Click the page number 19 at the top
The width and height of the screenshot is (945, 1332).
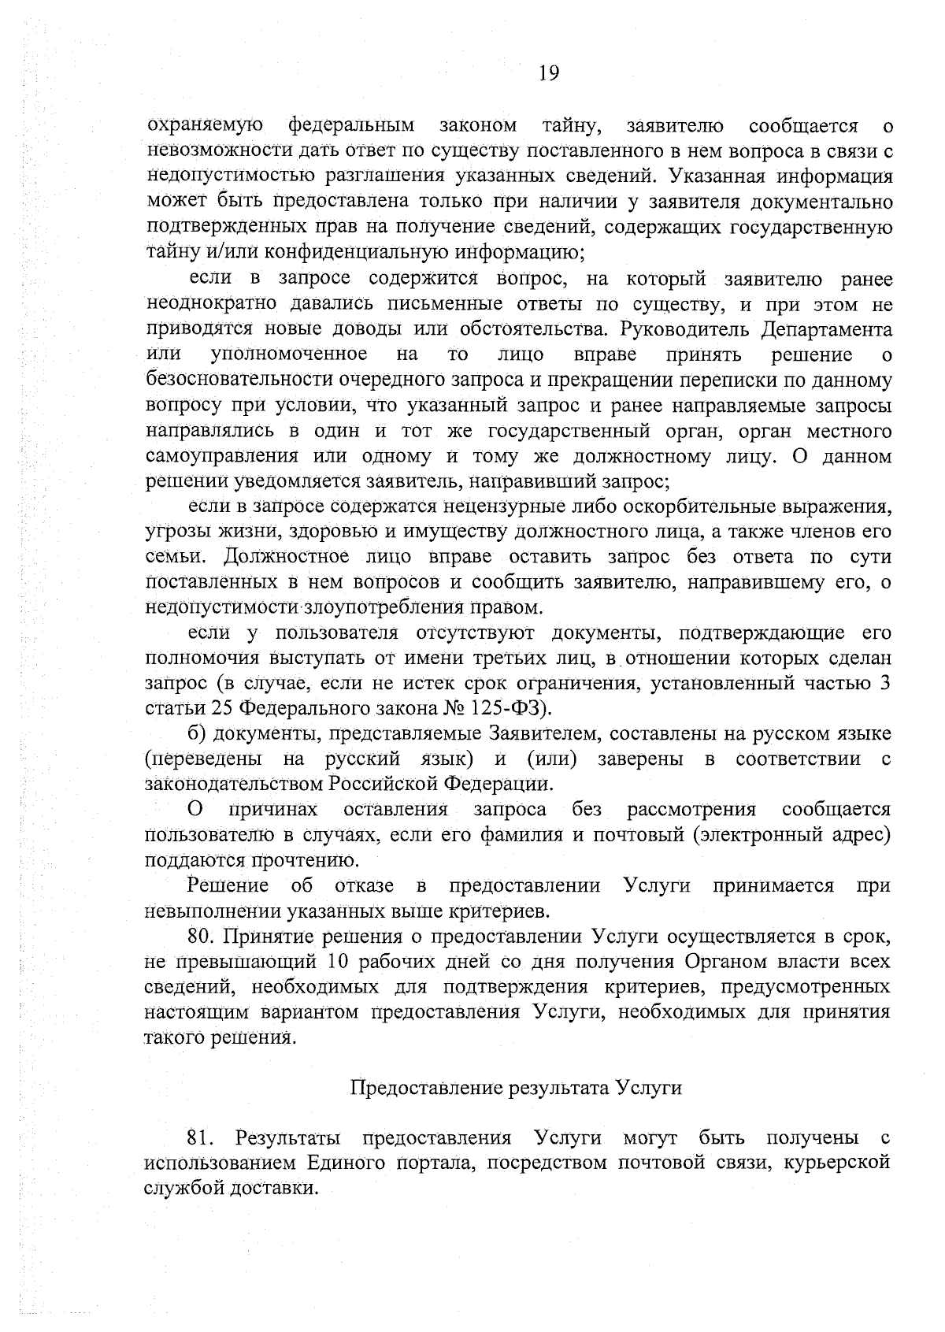[x=549, y=73]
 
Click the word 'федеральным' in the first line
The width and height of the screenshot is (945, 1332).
[x=351, y=125]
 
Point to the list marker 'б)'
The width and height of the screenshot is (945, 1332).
[x=196, y=734]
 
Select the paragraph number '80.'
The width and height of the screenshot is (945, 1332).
[x=200, y=937]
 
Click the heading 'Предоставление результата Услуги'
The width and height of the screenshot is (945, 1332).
[x=515, y=1089]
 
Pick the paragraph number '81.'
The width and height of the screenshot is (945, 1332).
[x=200, y=1139]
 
